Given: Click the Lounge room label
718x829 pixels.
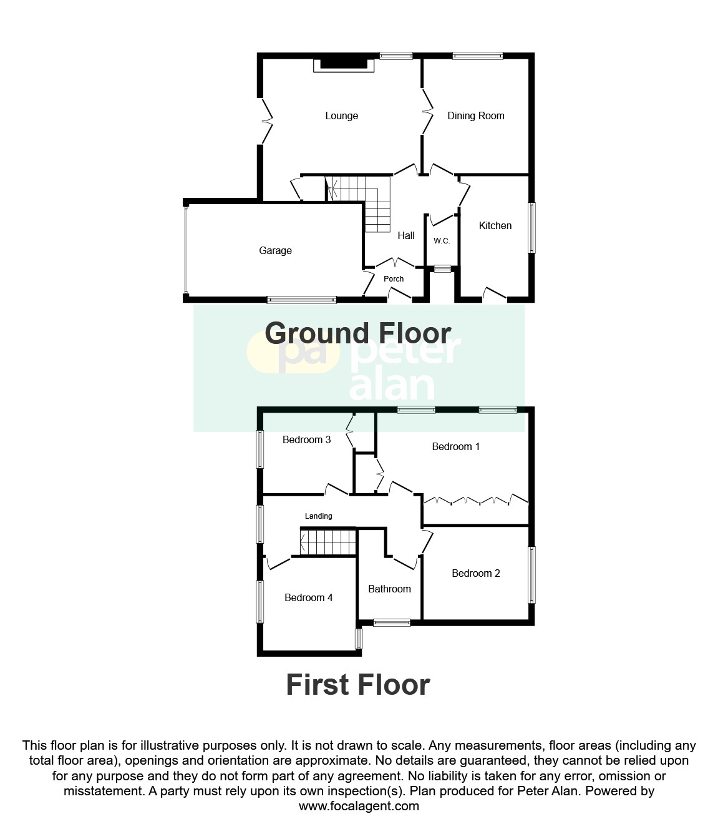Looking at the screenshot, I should click(341, 115).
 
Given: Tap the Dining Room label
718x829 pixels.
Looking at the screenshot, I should click(475, 115).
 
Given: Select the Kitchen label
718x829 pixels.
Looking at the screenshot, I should click(495, 225).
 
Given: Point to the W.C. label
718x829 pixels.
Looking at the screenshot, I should click(442, 240).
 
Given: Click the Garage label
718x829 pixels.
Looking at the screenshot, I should click(275, 250).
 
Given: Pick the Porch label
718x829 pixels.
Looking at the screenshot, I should click(394, 279).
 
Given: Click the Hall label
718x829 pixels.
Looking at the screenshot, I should click(406, 235).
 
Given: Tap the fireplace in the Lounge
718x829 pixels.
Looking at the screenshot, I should click(344, 64).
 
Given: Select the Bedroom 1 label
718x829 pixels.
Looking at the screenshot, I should click(455, 446).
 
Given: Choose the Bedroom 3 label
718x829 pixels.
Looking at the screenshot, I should click(306, 439).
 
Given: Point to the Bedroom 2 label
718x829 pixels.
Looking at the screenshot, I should click(476, 573).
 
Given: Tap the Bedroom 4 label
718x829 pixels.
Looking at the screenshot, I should click(308, 597).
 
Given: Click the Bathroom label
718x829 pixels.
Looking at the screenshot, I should click(389, 589).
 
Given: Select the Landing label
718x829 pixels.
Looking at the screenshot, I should click(318, 516).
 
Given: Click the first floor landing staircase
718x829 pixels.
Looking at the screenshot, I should click(328, 542).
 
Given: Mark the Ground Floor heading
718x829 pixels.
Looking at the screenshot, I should click(358, 333).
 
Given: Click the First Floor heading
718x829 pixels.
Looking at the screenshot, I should click(358, 685).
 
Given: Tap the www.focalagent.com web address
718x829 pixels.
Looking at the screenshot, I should click(359, 806).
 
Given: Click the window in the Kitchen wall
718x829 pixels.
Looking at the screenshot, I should click(531, 227).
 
